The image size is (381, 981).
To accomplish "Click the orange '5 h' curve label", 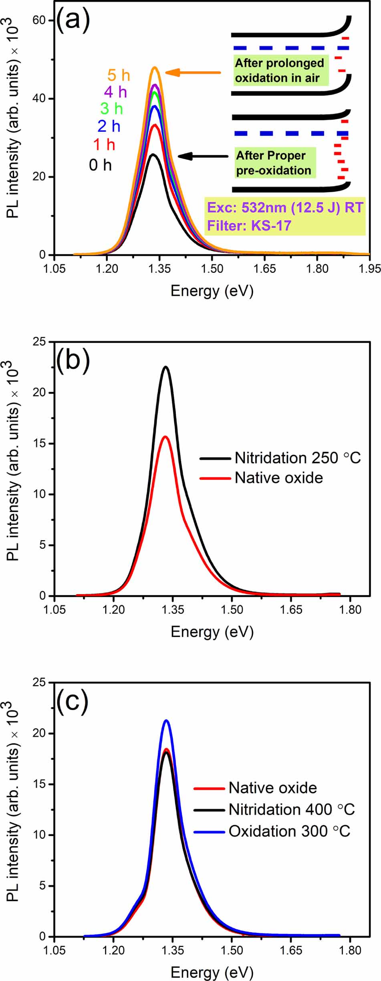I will [119, 75].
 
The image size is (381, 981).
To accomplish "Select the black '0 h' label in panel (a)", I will [100, 165].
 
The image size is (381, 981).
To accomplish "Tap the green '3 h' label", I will [111, 109].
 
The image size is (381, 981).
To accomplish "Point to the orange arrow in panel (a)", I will [193, 72].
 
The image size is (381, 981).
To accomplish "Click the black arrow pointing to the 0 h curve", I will [203, 156].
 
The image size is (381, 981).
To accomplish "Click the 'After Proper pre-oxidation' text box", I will [274, 163].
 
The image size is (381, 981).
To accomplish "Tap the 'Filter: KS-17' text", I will [249, 226].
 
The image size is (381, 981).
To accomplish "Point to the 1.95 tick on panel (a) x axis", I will [369, 268].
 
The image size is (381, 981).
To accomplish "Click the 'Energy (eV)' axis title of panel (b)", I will [212, 631].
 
